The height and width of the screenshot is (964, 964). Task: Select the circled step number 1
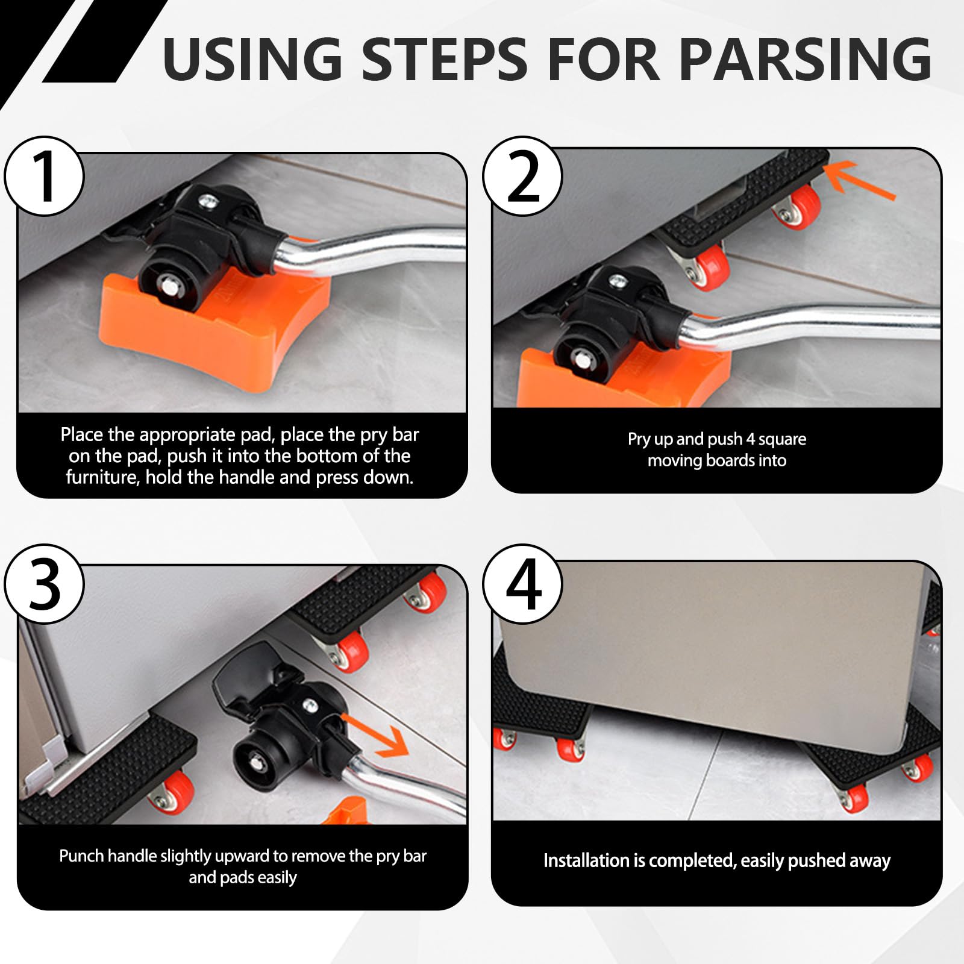click(x=45, y=177)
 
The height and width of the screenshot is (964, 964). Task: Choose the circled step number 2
click(x=523, y=177)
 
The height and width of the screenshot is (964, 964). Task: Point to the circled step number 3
click(x=45, y=583)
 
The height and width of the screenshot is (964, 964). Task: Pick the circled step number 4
click(x=523, y=583)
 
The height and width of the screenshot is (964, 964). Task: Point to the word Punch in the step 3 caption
click(x=81, y=856)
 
